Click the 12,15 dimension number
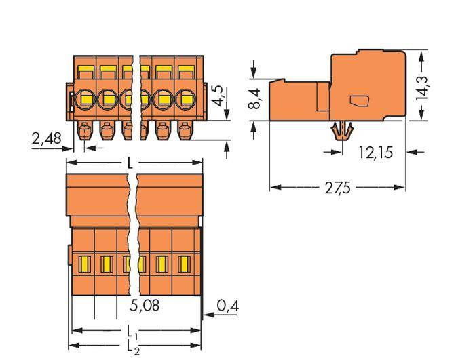(375, 152)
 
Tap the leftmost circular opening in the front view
(85, 100)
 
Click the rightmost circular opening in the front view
(185, 100)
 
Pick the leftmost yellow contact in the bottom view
(85, 263)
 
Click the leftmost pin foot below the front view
(85, 129)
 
